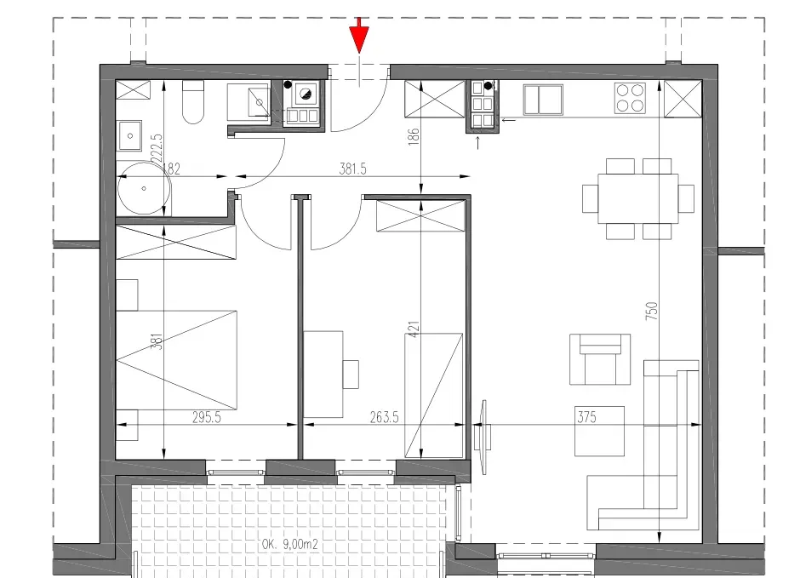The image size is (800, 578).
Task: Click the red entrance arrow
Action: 359,36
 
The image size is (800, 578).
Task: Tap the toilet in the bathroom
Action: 193,101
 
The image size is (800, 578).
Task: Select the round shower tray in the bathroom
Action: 144,188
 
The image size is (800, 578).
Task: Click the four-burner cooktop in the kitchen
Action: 630,97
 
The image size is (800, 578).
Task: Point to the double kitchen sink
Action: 543,100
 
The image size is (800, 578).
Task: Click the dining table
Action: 637,198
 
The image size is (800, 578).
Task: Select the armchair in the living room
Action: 600,359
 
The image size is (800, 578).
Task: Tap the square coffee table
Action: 599,431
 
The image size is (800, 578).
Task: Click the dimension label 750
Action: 652,312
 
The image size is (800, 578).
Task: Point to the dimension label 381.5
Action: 352,169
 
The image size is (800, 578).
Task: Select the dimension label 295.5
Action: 207,417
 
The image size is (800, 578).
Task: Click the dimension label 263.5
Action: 384,417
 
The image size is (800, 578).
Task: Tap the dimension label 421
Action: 414,329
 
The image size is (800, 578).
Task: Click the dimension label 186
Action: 414,136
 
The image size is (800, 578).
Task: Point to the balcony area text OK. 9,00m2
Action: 290,544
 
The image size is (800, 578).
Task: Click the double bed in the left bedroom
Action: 176,360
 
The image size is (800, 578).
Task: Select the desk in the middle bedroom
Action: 323,375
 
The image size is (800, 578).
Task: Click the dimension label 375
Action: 586,417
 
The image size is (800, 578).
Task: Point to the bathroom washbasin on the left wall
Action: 130,135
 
